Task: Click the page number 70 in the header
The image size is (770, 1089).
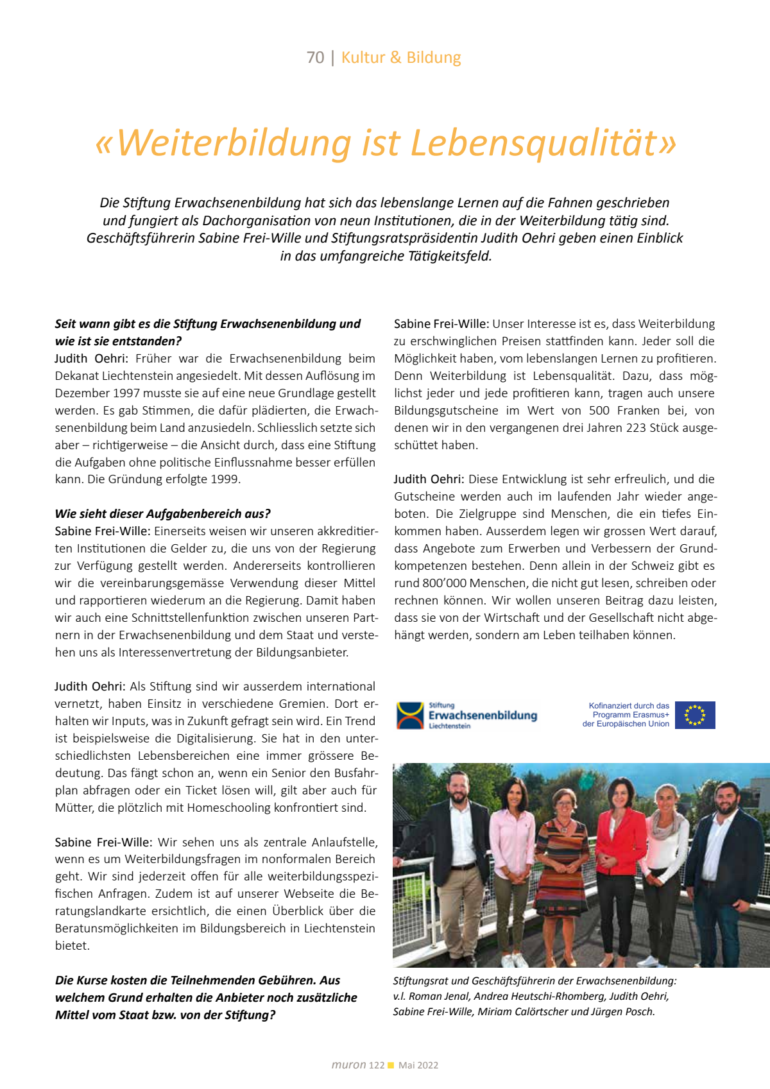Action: pos(315,58)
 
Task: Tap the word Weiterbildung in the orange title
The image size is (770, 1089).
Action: pos(234,142)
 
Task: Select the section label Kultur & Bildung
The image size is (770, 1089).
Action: pos(401,58)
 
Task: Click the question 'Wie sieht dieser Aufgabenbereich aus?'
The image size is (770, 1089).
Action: pos(162,514)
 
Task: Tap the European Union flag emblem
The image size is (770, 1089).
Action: pos(695,715)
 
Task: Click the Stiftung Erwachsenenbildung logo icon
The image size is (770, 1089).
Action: pos(410,716)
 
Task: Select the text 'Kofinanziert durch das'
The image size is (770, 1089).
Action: pos(629,706)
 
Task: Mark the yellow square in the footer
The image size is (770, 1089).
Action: pos(391,1065)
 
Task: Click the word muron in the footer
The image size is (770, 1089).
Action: pos(348,1065)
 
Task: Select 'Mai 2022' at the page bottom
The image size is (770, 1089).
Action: pos(418,1065)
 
